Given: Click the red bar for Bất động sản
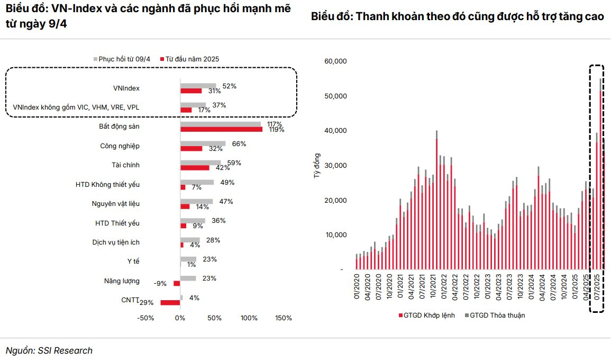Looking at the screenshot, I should point(221,129).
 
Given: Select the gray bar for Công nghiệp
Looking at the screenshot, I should point(203,143).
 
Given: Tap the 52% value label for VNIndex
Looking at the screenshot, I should point(229,86).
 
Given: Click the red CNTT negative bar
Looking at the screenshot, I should point(170,302).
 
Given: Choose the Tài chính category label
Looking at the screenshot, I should point(125,165).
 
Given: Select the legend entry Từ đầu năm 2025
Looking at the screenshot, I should point(192,59).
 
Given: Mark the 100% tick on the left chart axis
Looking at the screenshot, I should point(249,318).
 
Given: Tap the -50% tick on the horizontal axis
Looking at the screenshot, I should point(145,318).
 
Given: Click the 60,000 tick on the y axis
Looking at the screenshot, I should point(335,61).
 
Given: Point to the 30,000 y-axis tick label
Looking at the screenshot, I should point(335,166).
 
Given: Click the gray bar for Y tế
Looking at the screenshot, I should point(188,259).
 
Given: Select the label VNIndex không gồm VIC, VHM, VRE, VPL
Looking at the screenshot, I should point(76,107).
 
